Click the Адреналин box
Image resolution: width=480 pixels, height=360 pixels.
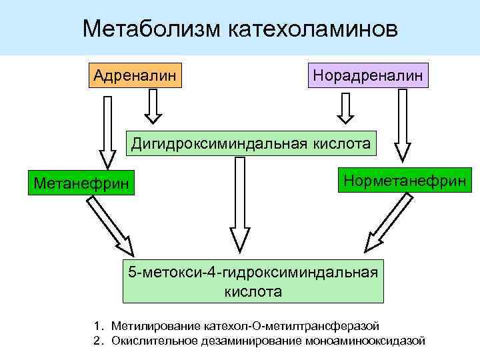(135, 75)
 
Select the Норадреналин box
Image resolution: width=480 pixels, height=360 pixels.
(367, 75)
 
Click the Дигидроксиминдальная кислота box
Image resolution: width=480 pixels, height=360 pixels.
(251, 143)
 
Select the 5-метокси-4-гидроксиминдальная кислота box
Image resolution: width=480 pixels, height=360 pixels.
(253, 281)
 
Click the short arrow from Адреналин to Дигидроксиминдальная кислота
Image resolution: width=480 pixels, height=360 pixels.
(153, 106)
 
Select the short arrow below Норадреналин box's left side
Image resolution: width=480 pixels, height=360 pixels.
(345, 107)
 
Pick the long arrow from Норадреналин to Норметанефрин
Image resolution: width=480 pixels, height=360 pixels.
(402, 126)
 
